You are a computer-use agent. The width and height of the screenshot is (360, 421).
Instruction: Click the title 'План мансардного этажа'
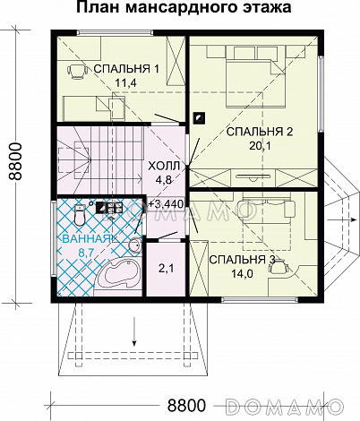click(x=184, y=8)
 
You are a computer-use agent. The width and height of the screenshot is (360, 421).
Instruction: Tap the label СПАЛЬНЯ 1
click(x=126, y=69)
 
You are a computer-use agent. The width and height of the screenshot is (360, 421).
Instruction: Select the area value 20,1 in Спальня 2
click(x=260, y=146)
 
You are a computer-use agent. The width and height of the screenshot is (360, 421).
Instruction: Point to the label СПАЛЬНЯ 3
click(x=242, y=260)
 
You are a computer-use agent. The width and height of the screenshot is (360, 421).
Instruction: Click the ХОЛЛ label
click(x=164, y=166)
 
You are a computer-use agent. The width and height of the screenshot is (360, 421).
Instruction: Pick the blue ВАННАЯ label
click(x=86, y=239)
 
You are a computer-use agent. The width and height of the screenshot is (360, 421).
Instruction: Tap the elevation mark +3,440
click(x=166, y=204)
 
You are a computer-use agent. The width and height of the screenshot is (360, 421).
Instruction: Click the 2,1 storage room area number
click(x=166, y=269)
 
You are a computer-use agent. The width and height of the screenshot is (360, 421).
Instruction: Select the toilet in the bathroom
click(x=80, y=215)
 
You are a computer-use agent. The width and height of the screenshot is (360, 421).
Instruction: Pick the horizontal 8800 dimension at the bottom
click(x=186, y=405)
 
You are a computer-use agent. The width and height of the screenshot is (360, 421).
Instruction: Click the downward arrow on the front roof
click(x=134, y=331)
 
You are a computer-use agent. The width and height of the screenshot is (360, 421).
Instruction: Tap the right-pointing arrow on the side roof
click(x=342, y=219)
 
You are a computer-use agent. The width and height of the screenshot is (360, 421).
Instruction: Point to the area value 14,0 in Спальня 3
click(x=242, y=273)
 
